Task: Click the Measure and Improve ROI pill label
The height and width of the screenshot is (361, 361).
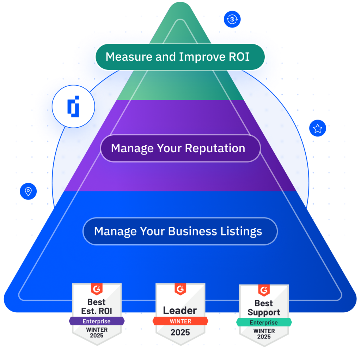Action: [x=180, y=57]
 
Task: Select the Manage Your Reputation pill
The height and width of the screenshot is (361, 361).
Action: [x=180, y=148]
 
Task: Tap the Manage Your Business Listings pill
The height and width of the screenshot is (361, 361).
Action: [x=180, y=232]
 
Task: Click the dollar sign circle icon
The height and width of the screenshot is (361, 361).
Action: [x=232, y=19]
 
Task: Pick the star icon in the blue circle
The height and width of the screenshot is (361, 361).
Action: [x=318, y=128]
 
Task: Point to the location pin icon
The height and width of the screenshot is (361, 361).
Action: [x=28, y=191]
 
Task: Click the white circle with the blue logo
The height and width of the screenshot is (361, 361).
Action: [x=73, y=106]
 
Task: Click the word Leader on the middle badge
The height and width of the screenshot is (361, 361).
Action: [x=180, y=311]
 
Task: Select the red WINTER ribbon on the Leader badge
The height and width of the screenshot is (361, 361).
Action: [x=180, y=321]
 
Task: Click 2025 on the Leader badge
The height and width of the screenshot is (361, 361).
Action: [x=180, y=332]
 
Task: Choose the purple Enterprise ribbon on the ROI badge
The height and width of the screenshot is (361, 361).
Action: [x=96, y=321]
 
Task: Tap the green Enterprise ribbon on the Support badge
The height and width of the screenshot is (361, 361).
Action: [x=264, y=322]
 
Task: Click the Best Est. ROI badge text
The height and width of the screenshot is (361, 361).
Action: [x=96, y=307]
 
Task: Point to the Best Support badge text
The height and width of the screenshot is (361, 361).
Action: [x=264, y=308]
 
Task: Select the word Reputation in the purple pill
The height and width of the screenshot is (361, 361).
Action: [x=215, y=148]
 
